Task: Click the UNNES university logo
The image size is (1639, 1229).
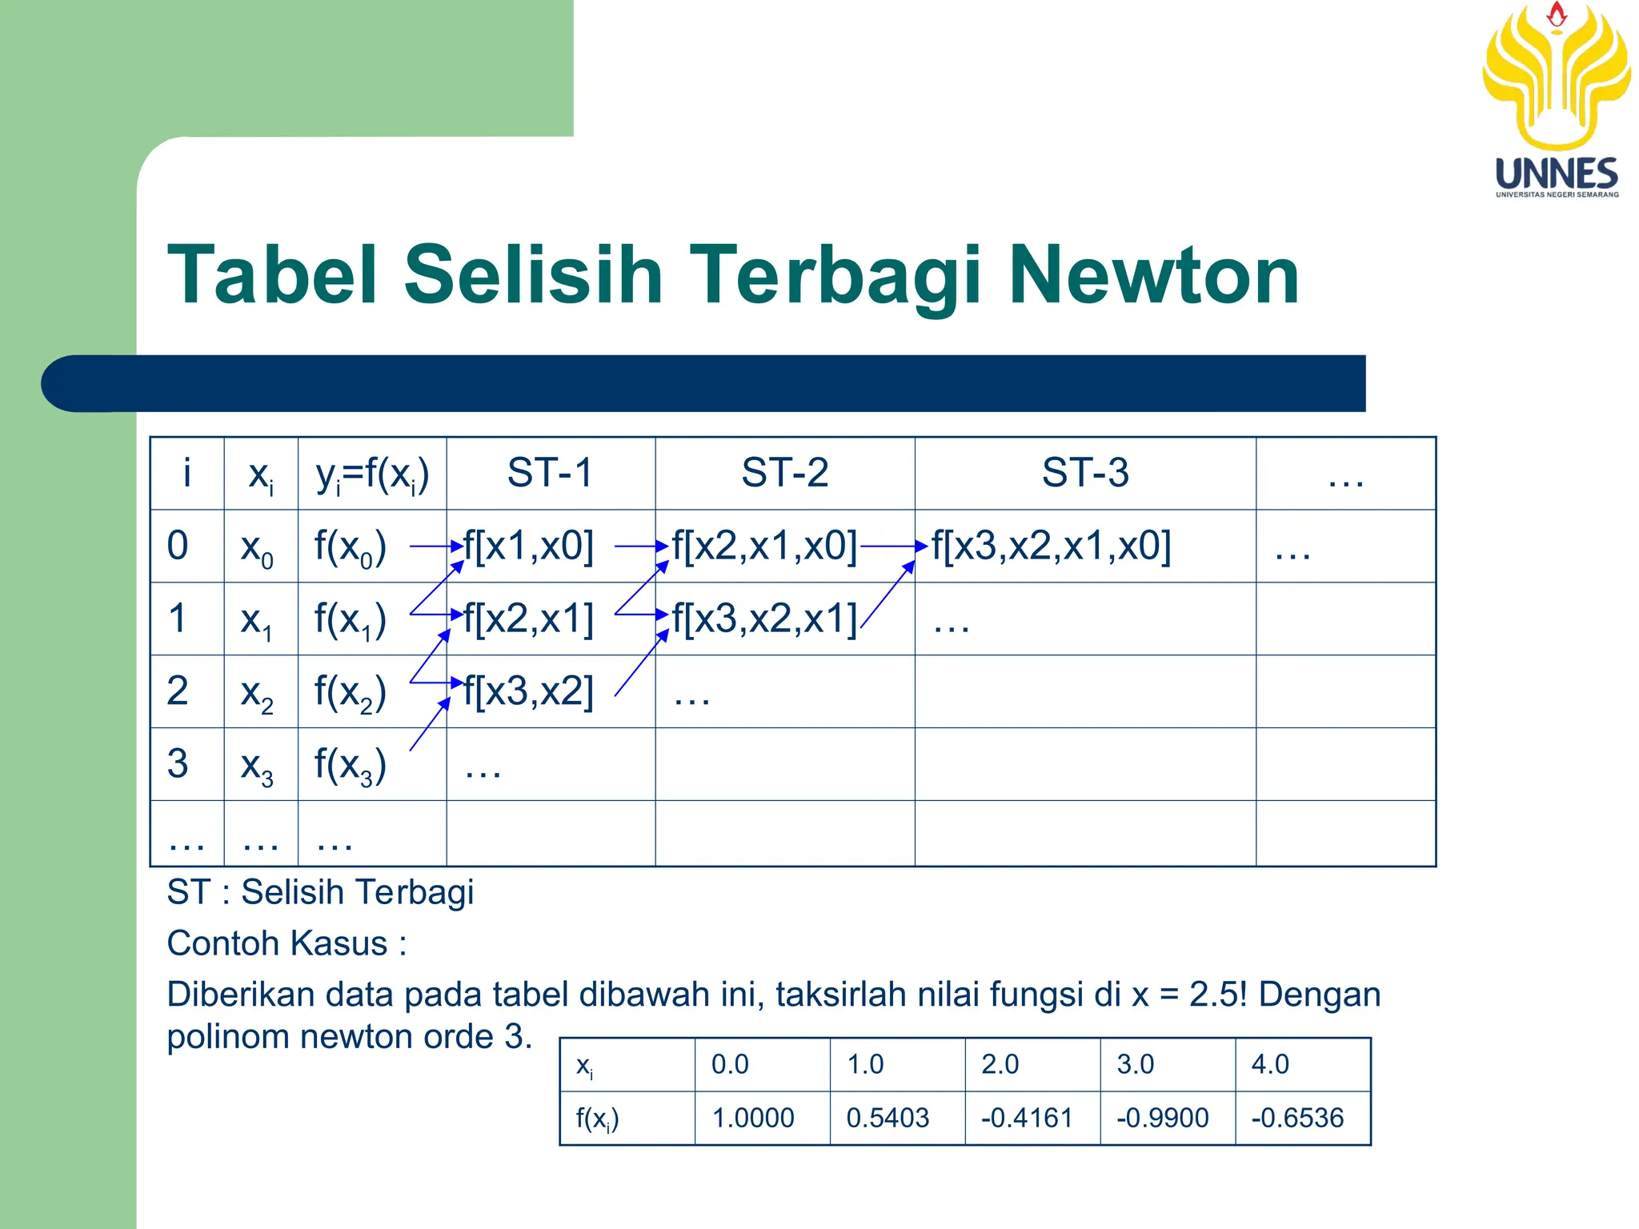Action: point(1556,100)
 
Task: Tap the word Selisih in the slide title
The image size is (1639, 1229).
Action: point(534,275)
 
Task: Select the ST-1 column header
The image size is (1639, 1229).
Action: point(550,473)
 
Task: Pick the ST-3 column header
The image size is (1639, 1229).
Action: point(1084,473)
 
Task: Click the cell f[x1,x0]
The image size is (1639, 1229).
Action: point(529,546)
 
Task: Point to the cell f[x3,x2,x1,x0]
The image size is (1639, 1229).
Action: point(1051,546)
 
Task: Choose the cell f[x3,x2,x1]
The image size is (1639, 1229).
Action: point(764,619)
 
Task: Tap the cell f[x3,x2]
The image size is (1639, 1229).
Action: point(529,691)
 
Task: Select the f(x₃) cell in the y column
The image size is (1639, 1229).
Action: point(351,764)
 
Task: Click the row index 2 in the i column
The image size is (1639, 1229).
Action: point(178,691)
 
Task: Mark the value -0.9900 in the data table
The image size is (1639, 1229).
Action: point(1162,1118)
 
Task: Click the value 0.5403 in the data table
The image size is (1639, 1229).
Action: point(888,1118)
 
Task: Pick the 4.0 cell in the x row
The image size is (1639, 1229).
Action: point(1270,1065)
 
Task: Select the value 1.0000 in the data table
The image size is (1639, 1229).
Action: point(753,1118)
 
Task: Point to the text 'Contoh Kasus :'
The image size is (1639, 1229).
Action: point(287,944)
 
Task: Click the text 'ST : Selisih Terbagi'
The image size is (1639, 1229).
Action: point(320,893)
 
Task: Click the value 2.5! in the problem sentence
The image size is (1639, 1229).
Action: point(1218,995)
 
